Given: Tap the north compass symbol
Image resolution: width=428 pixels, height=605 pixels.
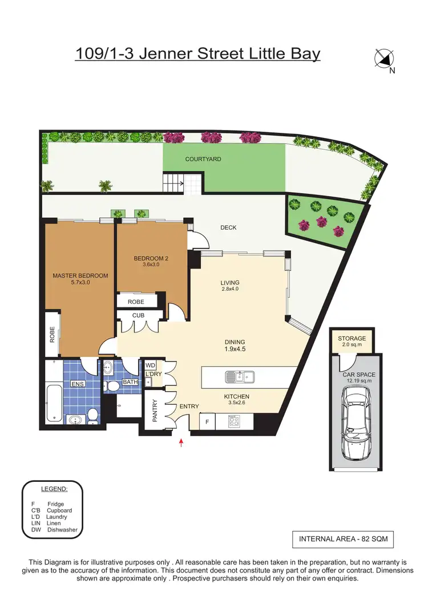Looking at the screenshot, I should click(x=386, y=59).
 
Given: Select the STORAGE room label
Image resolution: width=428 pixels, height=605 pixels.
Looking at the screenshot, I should click(x=352, y=339).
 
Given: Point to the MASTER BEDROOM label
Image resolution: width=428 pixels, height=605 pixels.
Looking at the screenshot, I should click(x=80, y=276).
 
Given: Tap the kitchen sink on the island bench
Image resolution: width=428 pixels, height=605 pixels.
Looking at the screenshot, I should click(x=240, y=376).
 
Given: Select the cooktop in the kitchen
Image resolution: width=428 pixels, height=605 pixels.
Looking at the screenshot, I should click(x=235, y=421).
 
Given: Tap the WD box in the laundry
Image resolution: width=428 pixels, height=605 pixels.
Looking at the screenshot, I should click(x=151, y=366).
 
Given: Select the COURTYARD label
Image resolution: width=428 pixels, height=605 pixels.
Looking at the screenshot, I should click(x=203, y=160).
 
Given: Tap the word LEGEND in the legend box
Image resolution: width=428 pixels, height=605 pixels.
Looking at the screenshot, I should click(x=54, y=489).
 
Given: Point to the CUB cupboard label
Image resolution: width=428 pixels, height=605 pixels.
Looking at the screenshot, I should click(x=138, y=315).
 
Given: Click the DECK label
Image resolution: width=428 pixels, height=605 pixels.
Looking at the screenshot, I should click(x=228, y=228).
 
